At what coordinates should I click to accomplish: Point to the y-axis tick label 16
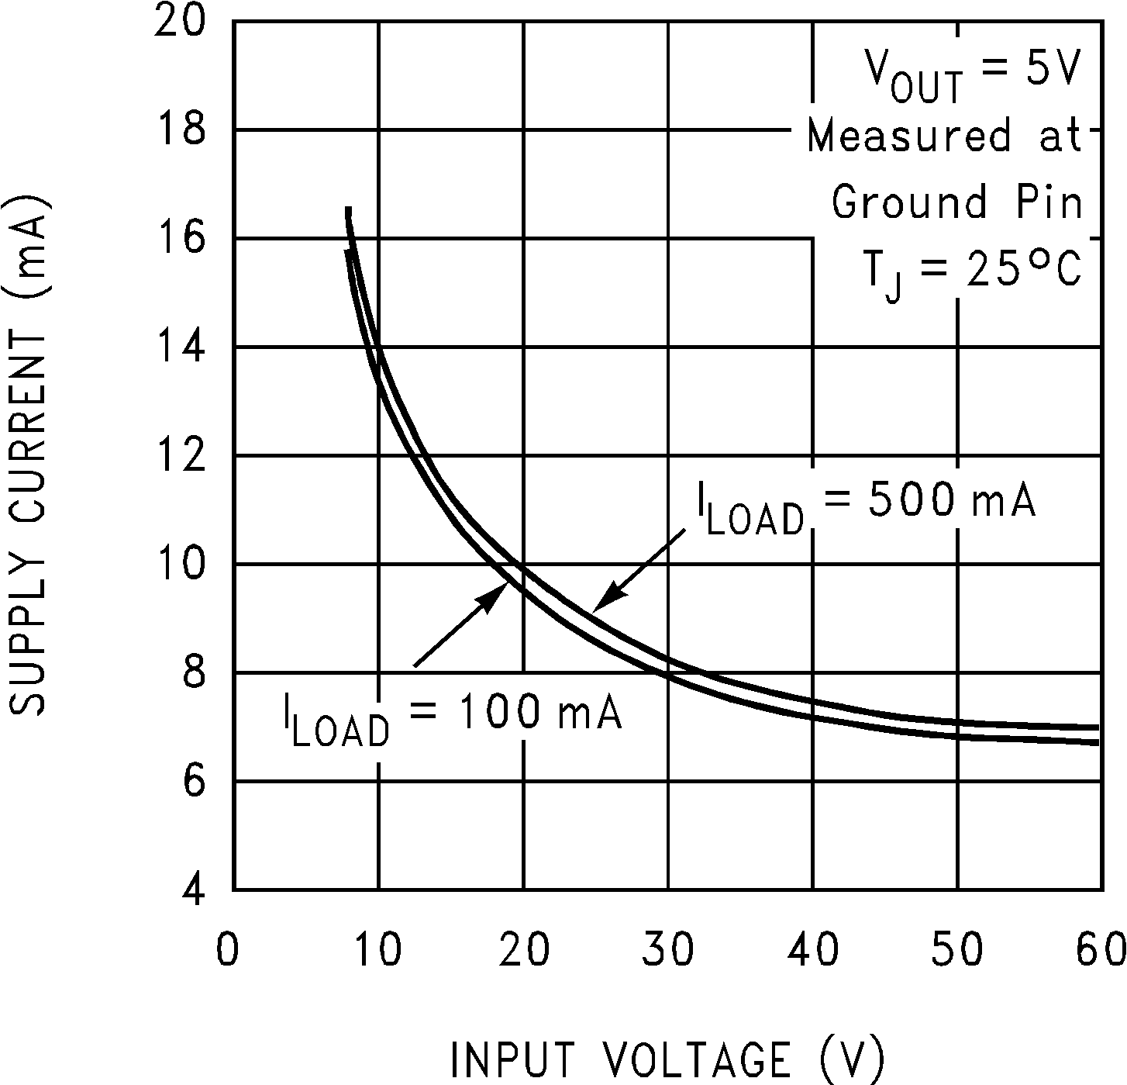180,237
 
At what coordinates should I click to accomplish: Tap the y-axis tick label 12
180,455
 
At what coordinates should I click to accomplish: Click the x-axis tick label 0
227,948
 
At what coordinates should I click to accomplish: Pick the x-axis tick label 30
668,948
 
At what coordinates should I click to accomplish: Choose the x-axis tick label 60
1101,948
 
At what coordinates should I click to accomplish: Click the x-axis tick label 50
957,948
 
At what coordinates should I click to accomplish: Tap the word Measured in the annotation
908,136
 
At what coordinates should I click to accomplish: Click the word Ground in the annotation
909,202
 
